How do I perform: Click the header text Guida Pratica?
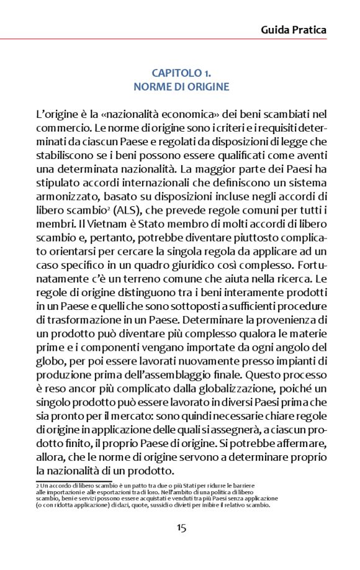tap(293, 29)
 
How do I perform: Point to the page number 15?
tap(181, 528)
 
